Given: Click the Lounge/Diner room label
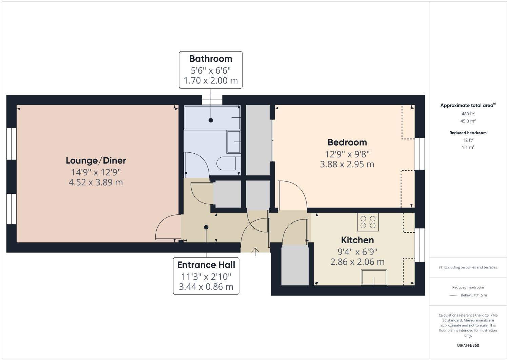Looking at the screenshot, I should click(x=96, y=160).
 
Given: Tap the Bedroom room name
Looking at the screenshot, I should click(x=347, y=142).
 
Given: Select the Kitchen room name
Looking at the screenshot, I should click(x=357, y=240).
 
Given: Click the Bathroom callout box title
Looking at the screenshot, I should click(x=211, y=59).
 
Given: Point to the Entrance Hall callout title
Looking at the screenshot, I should click(x=206, y=265).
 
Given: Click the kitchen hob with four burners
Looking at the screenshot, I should click(x=368, y=222).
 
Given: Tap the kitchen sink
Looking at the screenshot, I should click(x=374, y=277).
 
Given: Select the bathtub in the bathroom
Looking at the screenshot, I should click(x=212, y=117).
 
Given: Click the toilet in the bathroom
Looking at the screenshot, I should click(x=229, y=164).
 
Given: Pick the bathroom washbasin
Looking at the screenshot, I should click(x=234, y=142).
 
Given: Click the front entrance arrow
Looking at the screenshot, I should click(x=255, y=251).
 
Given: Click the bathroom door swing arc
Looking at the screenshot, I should click(x=198, y=163).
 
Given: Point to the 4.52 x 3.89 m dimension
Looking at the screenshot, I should click(x=96, y=183).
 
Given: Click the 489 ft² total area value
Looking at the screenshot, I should click(x=468, y=114).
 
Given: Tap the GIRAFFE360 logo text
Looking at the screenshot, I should click(x=468, y=345).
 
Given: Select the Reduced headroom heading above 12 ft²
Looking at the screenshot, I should click(x=468, y=133).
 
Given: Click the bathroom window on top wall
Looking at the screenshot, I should click(x=212, y=100).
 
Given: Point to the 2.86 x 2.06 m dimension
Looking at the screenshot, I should click(x=357, y=262).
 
